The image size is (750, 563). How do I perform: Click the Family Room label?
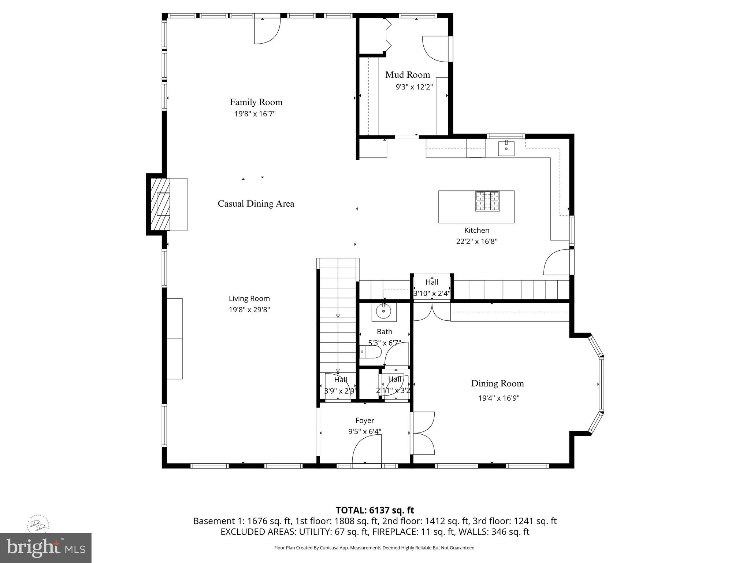256,102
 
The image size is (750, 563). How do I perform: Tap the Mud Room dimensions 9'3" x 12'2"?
414,87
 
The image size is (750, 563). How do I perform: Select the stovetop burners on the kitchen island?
487,201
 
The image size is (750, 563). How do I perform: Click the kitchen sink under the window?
506,149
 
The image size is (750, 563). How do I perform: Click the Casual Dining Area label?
256,204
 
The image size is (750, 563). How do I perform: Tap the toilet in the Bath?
371,352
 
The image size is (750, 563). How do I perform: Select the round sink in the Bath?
383,312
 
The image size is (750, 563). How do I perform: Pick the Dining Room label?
497,383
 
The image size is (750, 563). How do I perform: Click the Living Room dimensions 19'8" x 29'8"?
249,310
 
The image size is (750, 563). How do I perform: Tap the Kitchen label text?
476,231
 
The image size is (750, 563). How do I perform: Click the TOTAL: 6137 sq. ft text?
375,510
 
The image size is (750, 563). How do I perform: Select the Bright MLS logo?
45,548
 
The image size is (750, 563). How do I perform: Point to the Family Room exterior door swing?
267,31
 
